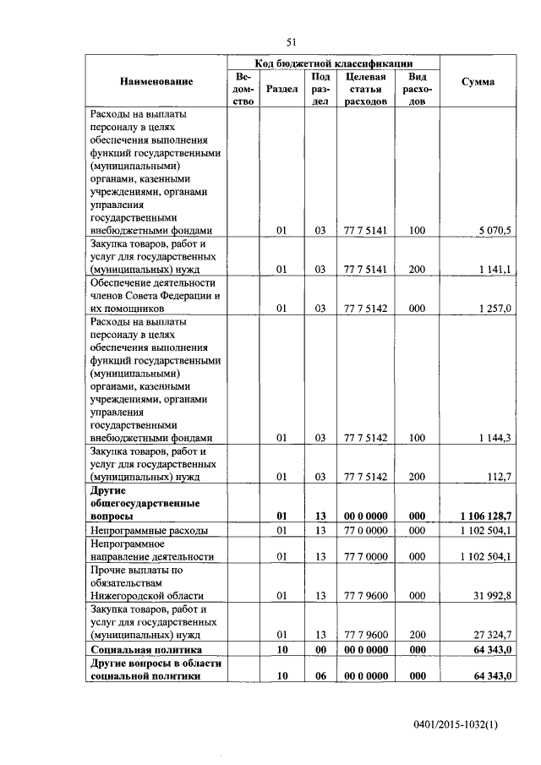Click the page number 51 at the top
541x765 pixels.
(292, 41)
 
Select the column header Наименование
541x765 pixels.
(156, 82)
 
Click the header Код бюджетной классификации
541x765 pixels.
(334, 63)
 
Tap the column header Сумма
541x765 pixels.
(478, 82)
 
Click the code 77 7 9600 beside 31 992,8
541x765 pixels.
(365, 595)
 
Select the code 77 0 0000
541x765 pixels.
(365, 530)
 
